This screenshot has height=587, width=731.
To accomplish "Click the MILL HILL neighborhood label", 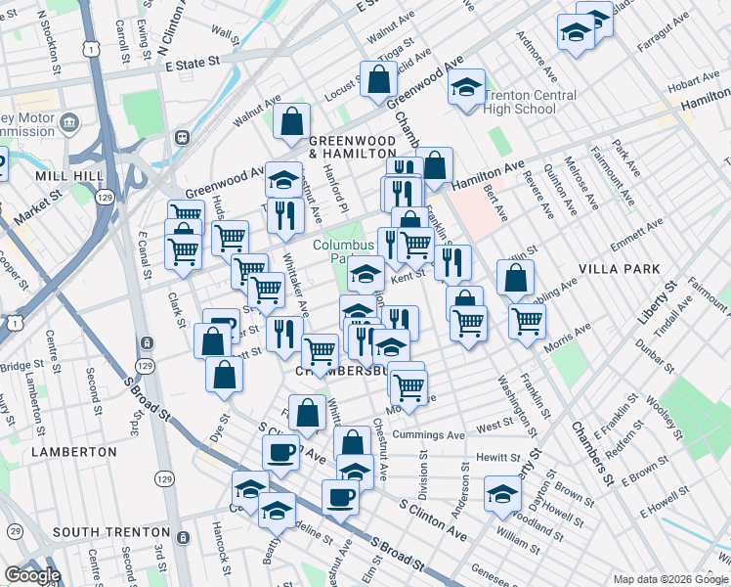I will coord(63,176).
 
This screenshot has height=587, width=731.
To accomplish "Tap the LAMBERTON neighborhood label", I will coord(73,452).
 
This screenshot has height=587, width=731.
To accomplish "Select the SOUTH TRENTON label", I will coord(111,532).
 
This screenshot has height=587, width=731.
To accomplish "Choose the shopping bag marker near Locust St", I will coord(377,79).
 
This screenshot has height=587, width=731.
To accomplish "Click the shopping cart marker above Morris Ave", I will coord(527,319).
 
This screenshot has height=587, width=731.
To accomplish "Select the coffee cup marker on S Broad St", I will coord(340,496).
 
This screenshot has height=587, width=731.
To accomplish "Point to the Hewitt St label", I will coord(498,458).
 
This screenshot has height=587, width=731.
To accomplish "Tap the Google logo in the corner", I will coord(32,575).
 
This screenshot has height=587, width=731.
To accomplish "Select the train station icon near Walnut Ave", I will coord(182,138).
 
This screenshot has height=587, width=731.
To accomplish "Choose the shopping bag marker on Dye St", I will coord(224,374).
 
